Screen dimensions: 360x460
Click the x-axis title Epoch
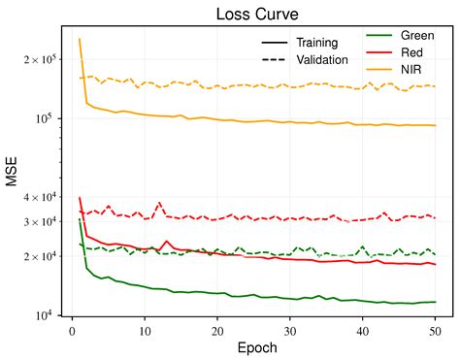click(253, 347)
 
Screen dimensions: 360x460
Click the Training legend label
click(316, 43)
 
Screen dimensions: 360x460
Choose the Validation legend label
click(323, 60)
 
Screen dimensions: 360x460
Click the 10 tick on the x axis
click(145, 330)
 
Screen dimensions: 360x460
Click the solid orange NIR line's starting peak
click(80, 40)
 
